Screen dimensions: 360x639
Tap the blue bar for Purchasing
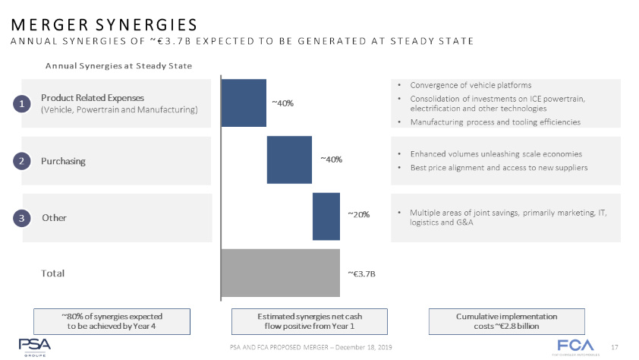289,159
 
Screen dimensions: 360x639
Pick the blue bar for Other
326,216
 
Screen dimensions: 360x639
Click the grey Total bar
281,273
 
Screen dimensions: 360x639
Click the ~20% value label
358,215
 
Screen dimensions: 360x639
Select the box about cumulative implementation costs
506,321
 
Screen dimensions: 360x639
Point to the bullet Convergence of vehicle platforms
470,85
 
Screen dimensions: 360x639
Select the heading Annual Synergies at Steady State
118,66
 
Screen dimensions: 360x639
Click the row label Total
53,273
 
